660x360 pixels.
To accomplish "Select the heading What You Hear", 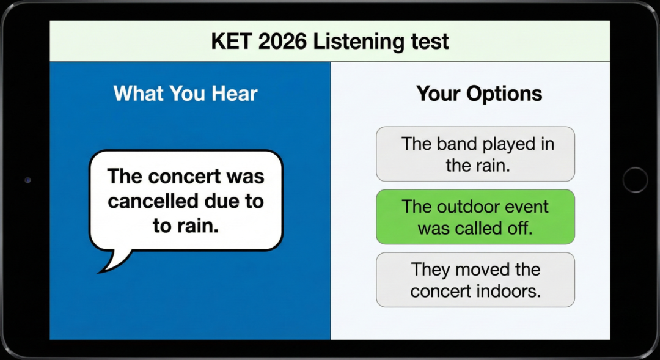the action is (x=186, y=93).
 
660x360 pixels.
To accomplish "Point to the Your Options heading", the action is (x=479, y=94).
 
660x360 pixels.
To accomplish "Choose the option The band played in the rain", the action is (x=475, y=154).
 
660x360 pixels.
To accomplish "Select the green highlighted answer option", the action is (x=475, y=217).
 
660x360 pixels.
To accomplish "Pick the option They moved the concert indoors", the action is (x=475, y=279).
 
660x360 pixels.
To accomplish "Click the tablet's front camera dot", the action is (x=28, y=180).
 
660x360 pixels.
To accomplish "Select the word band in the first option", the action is (x=457, y=144).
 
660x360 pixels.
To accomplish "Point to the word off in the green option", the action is (x=520, y=228).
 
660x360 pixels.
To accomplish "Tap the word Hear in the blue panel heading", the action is (x=235, y=93).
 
